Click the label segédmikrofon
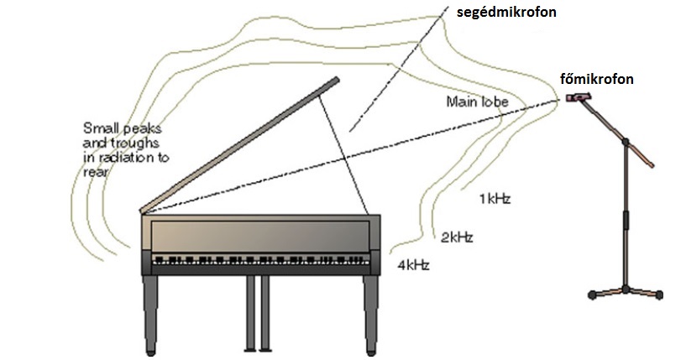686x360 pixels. [x=506, y=13]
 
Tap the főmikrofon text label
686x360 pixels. [x=597, y=79]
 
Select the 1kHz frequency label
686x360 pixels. [x=495, y=199]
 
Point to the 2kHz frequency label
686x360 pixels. [x=457, y=237]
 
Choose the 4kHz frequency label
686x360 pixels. [x=413, y=265]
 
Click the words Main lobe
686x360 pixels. [x=477, y=102]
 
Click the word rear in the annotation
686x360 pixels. [x=95, y=172]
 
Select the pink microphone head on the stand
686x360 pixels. [x=579, y=97]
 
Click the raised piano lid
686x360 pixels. [x=239, y=145]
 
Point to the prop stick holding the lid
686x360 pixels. [x=343, y=155]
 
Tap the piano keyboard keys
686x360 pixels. [x=261, y=260]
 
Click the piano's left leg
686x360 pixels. [x=149, y=314]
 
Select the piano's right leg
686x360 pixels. [x=370, y=314]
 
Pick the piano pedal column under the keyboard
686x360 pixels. [x=258, y=313]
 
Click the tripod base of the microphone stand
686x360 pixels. [x=626, y=292]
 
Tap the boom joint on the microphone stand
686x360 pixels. [x=626, y=142]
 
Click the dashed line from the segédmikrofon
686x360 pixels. [x=399, y=68]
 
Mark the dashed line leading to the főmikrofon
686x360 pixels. [x=350, y=157]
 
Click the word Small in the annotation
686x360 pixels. [x=100, y=128]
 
